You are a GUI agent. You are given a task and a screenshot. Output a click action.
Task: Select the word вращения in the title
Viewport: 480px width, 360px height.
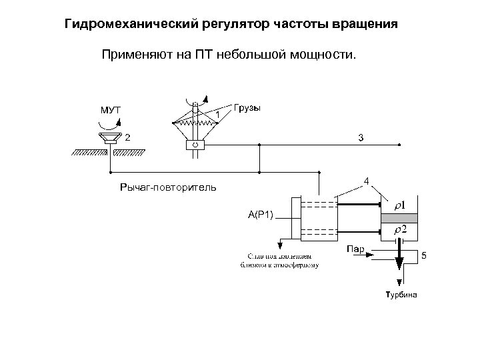tap(366, 25)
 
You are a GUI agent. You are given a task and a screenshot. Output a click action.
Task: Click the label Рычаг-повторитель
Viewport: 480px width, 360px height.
tap(167, 187)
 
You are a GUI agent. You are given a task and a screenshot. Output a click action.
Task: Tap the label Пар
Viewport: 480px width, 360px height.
tap(355, 250)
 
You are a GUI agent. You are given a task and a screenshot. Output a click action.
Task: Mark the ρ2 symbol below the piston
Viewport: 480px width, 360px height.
tap(401, 229)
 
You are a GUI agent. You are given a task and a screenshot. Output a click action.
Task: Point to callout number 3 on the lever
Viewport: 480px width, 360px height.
tap(361, 138)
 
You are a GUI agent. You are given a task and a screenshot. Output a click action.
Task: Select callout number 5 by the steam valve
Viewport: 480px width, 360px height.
tap(423, 257)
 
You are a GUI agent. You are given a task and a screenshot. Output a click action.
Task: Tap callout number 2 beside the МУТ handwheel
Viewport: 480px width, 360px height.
tap(127, 138)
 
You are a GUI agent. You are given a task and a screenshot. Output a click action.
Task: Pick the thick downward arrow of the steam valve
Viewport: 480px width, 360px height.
tap(400, 257)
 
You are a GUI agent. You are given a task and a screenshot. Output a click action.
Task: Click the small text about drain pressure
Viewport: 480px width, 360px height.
tap(279, 260)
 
